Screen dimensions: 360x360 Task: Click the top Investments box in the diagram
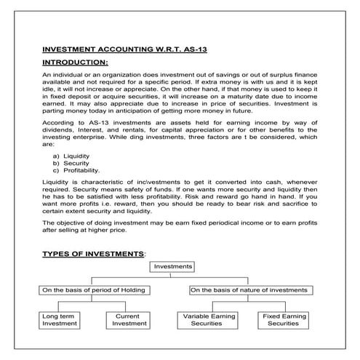click(x=173, y=267)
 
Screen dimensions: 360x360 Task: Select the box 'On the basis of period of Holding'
click(x=92, y=289)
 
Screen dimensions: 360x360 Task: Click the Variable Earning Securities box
click(x=207, y=320)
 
